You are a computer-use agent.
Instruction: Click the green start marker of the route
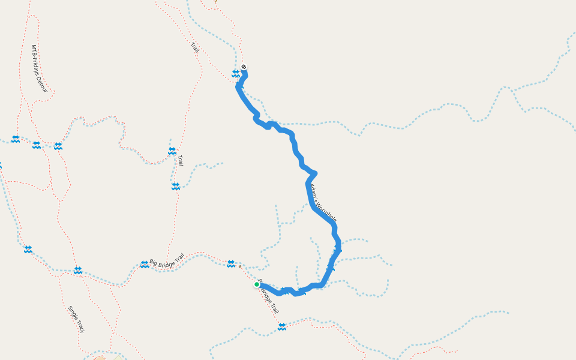[x=257, y=284]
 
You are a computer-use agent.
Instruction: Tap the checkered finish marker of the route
[x=244, y=67]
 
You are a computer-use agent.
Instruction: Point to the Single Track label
[x=76, y=319]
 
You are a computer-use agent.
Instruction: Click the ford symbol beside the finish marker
[x=235, y=73]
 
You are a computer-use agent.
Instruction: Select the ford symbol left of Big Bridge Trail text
[x=144, y=264]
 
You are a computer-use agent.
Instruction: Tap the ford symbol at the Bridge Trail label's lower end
[x=282, y=326]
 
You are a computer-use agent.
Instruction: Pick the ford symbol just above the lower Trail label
[x=172, y=151]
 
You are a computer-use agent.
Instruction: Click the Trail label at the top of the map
[x=194, y=47]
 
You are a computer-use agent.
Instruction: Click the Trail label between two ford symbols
[x=180, y=160]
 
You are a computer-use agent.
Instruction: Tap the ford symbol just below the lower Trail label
[x=175, y=187]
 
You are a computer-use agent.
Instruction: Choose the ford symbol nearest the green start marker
[x=231, y=263]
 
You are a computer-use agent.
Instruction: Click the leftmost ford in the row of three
[x=16, y=139]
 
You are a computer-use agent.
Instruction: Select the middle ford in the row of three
[x=37, y=145]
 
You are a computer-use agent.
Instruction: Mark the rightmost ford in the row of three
[x=58, y=146]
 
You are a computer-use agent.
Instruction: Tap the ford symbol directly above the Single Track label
[x=77, y=271]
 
